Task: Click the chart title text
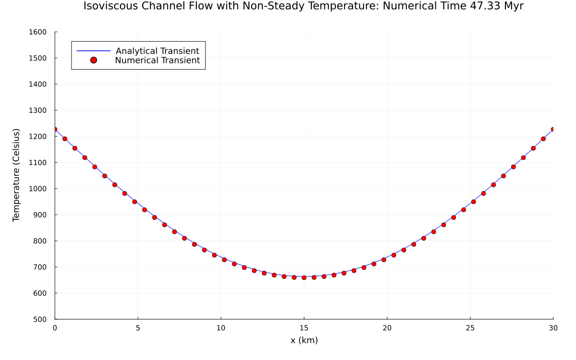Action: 303,6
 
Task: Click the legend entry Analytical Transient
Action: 157,51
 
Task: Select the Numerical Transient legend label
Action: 157,60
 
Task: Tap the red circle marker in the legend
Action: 94,60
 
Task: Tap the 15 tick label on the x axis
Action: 304,328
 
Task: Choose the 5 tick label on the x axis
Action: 138,328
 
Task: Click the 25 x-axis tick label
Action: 470,328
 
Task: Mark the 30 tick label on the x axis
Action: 553,328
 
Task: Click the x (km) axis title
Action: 304,340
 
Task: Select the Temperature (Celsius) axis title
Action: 17,175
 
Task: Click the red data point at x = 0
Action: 55,130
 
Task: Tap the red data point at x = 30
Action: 553,130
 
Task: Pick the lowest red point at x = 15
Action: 304,277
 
